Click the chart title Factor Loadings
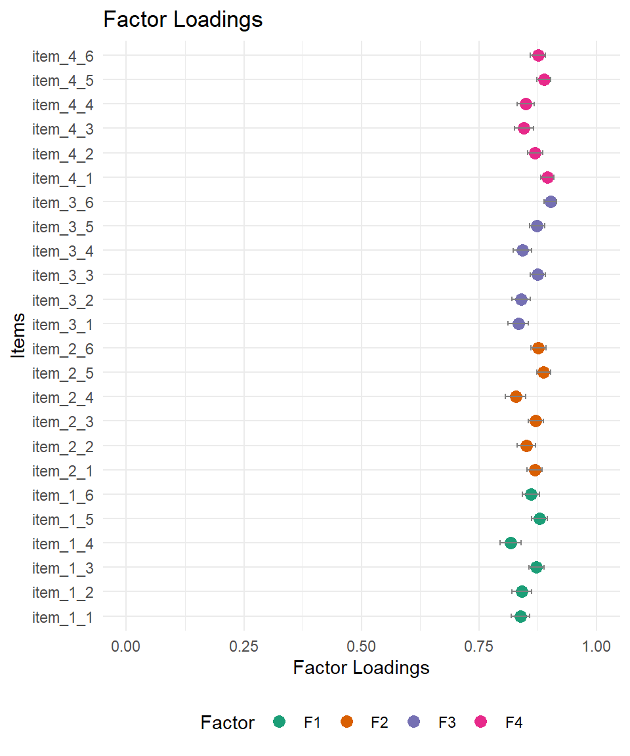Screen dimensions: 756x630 pyautogui.click(x=183, y=20)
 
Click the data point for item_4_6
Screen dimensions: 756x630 pyautogui.click(x=538, y=55)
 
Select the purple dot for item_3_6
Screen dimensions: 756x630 pyautogui.click(x=551, y=201)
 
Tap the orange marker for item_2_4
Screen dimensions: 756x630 pyautogui.click(x=516, y=396)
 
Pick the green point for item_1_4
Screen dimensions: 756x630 pyautogui.click(x=511, y=543)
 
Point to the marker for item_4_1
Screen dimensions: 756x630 pyautogui.click(x=547, y=177)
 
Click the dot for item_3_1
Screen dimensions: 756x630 pyautogui.click(x=518, y=324)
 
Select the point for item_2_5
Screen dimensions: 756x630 pyautogui.click(x=543, y=372)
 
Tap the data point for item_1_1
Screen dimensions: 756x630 pyautogui.click(x=520, y=616)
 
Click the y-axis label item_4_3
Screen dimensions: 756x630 pyautogui.click(x=62, y=129)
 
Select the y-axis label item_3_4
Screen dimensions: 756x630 pyautogui.click(x=62, y=251)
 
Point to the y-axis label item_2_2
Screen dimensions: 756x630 pyautogui.click(x=62, y=446)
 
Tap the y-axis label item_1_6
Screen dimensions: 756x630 pyautogui.click(x=62, y=495)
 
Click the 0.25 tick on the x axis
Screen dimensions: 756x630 pyautogui.click(x=243, y=646)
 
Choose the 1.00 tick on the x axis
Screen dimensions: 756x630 pyautogui.click(x=596, y=646)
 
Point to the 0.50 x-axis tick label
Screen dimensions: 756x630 pyautogui.click(x=361, y=646)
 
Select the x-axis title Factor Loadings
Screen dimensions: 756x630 pyautogui.click(x=361, y=667)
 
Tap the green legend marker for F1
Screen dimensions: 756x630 pyautogui.click(x=280, y=722)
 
